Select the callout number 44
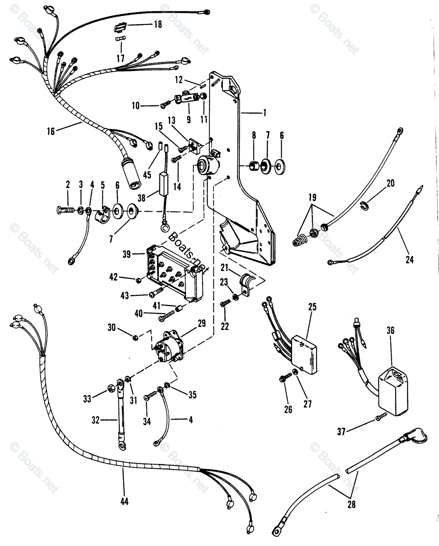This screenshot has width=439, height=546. tap(124, 501)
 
